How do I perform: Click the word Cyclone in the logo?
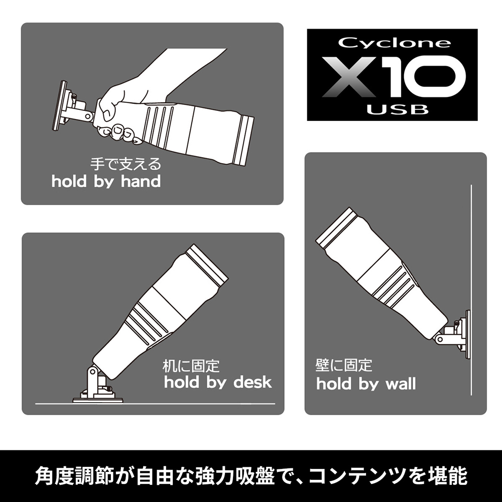pos(395,43)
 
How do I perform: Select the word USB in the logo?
pos(397,110)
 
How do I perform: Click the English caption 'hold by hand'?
pos(106,182)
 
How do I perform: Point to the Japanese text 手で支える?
pos(125,164)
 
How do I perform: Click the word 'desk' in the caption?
pos(253,382)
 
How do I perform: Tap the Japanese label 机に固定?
pos(191,366)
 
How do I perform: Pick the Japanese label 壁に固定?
pos(344,365)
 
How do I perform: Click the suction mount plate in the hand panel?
pos(61,105)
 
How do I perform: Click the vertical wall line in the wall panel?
pos(471,290)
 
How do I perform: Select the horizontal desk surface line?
pos(155,404)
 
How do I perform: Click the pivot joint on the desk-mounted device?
pos(93,372)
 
